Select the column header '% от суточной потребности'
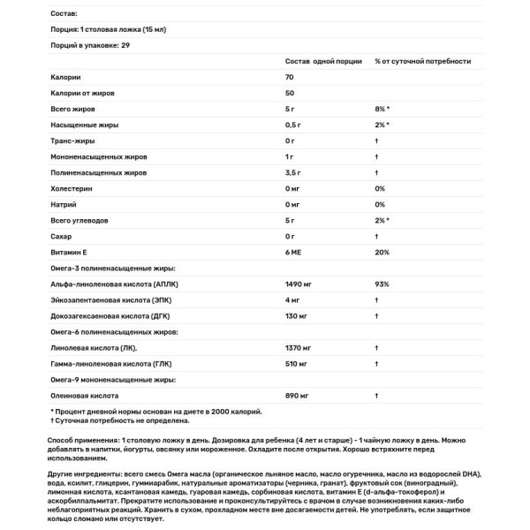tap(422, 62)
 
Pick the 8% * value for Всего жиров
tap(382, 109)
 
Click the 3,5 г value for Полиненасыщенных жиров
tap(295, 172)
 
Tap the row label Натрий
tap(65, 205)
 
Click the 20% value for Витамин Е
tap(382, 254)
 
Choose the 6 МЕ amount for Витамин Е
tap(295, 254)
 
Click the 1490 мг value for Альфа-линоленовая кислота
tap(299, 285)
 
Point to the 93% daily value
tap(382, 285)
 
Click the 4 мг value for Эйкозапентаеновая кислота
tap(293, 300)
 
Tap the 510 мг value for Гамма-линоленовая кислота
tap(298, 363)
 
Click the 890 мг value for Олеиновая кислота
tap(298, 395)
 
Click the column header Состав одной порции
tap(322, 62)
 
